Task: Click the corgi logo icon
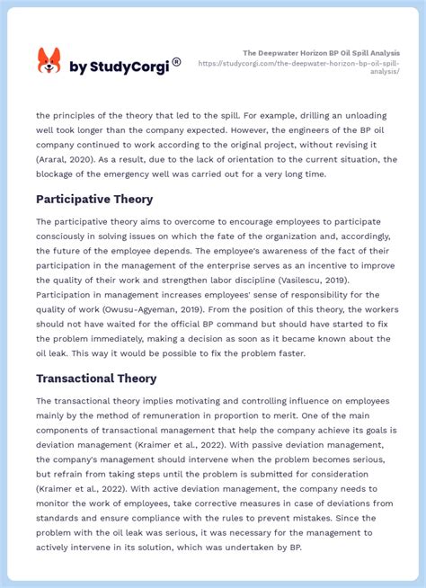49,61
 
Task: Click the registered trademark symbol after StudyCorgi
177,62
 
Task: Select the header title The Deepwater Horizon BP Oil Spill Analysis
322,53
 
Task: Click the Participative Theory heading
94,199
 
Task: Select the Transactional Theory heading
96,379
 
